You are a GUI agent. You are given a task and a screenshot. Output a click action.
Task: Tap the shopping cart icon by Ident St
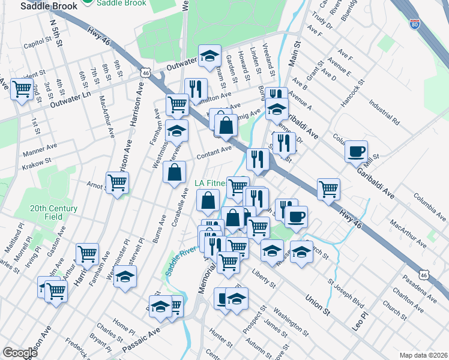[22, 89]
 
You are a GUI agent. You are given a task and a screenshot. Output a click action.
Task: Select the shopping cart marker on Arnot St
[117, 182]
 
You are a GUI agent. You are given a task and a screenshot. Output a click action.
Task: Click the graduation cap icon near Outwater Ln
[209, 56]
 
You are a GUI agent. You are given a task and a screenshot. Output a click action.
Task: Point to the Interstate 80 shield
[414, 24]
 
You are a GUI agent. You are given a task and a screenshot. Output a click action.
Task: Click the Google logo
[20, 352]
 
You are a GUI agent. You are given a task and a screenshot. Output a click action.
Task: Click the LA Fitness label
[209, 183]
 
